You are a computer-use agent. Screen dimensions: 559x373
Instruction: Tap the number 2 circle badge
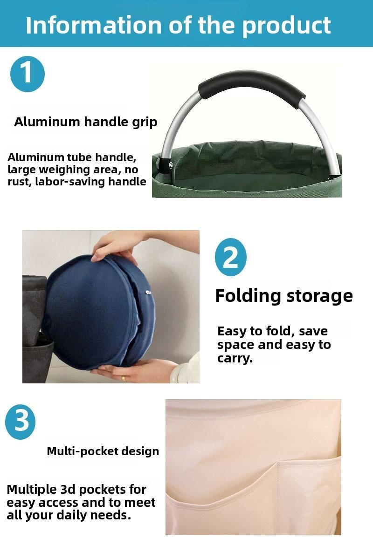[x=230, y=257]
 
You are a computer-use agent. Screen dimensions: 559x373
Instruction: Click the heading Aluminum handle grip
[x=86, y=122]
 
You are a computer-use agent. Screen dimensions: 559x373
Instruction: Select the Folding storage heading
[x=284, y=296]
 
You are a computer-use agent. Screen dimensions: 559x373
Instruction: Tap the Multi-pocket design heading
[x=103, y=451]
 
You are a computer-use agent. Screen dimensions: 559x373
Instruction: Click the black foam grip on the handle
[x=252, y=86]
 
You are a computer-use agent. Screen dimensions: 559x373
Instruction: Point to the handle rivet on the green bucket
[x=171, y=164]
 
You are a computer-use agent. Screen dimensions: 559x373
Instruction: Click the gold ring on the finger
[x=124, y=378]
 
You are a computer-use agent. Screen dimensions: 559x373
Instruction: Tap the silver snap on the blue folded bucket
[x=148, y=292]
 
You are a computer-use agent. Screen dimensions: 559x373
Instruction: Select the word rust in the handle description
[x=19, y=182]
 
